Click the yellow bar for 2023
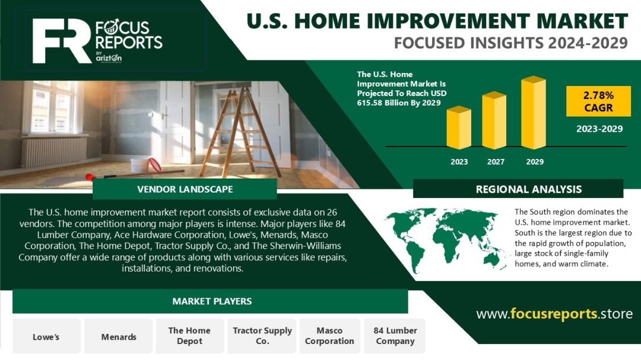[459, 128]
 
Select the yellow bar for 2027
[494, 120]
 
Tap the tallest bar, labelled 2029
[534, 112]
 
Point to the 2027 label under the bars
[496, 162]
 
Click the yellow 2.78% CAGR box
[598, 101]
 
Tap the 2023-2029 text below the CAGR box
[599, 129]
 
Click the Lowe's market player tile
[47, 336]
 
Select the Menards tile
[119, 336]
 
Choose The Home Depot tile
[190, 336]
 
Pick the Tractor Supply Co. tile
[262, 336]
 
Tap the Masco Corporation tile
[329, 336]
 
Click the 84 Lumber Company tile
[395, 336]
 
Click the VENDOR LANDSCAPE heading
[185, 189]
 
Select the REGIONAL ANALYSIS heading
[529, 189]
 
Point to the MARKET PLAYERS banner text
[212, 301]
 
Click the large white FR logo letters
[61, 41]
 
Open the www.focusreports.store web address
[554, 314]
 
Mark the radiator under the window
[54, 151]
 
